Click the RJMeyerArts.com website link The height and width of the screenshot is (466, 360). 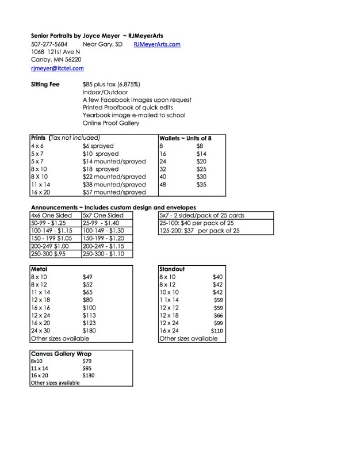click(x=157, y=44)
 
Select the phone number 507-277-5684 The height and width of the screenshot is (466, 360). click(x=49, y=44)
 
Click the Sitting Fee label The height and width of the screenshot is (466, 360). click(x=45, y=84)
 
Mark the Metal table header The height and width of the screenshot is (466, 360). click(x=39, y=269)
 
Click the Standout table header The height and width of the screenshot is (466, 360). click(x=171, y=269)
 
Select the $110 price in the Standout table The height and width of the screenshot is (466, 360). click(x=216, y=331)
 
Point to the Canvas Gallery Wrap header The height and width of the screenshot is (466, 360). click(x=61, y=353)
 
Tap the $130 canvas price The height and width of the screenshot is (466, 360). click(x=89, y=375)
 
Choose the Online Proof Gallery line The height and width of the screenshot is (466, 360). click(x=111, y=123)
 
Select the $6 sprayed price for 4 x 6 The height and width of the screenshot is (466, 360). click(x=98, y=146)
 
